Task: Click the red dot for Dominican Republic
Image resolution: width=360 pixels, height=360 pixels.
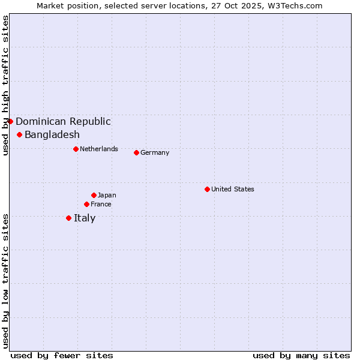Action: point(10,121)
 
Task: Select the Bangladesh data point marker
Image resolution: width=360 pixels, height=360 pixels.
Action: point(19,134)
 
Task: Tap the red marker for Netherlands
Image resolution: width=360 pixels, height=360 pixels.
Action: point(76,149)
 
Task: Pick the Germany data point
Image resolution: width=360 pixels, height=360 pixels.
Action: point(136,152)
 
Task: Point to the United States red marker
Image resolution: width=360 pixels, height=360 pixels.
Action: point(207,189)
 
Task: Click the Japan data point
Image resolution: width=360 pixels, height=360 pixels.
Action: point(94,195)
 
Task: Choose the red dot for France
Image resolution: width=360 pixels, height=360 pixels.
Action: point(86,204)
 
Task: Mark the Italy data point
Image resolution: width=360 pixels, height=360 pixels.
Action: point(68,218)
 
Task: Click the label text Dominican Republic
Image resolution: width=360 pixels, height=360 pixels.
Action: point(63,121)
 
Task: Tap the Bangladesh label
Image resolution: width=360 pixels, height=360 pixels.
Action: point(52,134)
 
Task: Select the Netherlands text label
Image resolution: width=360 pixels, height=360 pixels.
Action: point(99,149)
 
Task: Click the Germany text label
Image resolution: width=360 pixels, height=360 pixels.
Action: point(155,152)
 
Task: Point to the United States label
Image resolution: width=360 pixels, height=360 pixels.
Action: point(233,189)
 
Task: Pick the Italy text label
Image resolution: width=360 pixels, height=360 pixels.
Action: point(85,218)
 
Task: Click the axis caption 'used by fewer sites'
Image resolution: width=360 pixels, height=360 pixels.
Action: point(62,355)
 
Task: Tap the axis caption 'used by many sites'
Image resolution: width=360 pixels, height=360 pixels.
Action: point(301,355)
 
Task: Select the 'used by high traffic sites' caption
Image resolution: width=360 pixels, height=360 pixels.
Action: point(5,85)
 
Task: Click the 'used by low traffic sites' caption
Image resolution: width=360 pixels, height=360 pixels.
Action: point(5,280)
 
